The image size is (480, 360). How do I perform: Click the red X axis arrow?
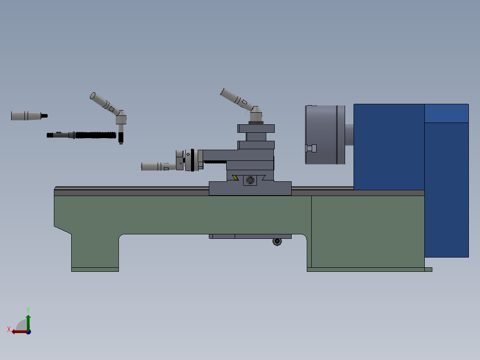click(18, 331)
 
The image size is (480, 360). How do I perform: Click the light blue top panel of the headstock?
click(446, 114)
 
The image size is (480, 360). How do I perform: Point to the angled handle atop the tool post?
click(236, 99)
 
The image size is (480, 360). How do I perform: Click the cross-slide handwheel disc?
click(192, 160)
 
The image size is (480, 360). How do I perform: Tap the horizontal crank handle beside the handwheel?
click(156, 167)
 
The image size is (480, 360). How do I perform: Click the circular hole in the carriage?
click(250, 180)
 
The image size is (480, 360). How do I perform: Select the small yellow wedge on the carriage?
click(235, 178)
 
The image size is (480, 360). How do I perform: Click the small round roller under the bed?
click(277, 241)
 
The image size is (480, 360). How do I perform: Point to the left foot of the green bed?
click(95, 269)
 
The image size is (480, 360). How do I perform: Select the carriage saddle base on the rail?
click(250, 189)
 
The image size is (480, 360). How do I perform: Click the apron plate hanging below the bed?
click(249, 236)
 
